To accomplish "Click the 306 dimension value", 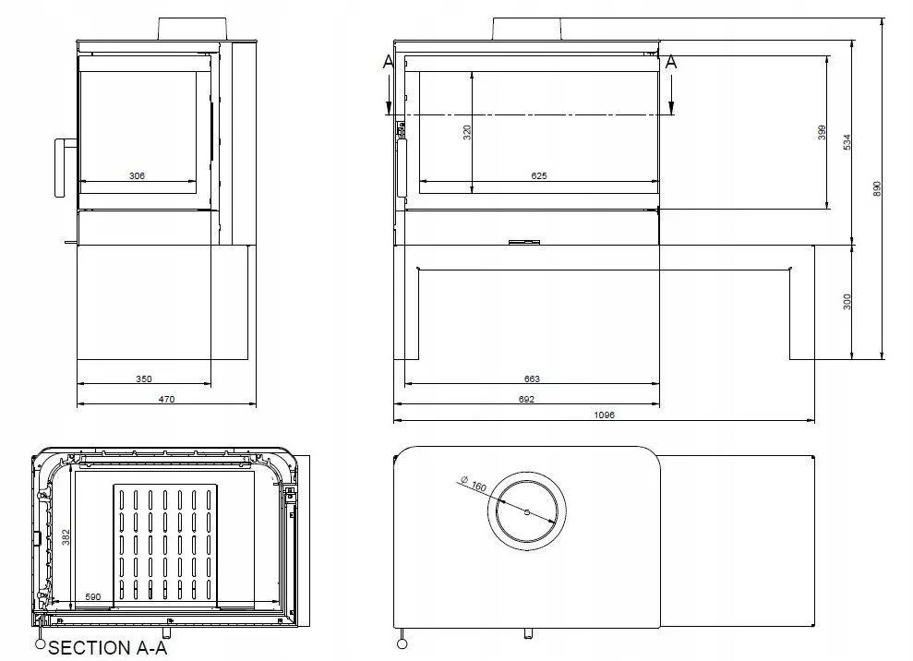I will point(137,175).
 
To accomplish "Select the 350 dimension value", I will point(143,379).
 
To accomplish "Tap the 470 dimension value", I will point(166,399).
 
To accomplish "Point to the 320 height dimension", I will point(467,131).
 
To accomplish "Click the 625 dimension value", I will point(539,175).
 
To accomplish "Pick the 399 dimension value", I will point(822,132).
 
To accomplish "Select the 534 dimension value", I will point(847,142).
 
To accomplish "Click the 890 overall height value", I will point(878,187).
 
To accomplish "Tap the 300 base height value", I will point(847,302).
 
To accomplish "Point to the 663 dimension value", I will point(531,379).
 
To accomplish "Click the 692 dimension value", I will point(526,399).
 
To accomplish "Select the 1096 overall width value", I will point(605,415).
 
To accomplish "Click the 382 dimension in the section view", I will point(66,538).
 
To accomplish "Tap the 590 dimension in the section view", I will point(92,598).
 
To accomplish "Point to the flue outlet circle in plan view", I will point(526,511).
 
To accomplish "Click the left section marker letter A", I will point(388,62).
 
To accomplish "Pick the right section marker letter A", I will point(671,62).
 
